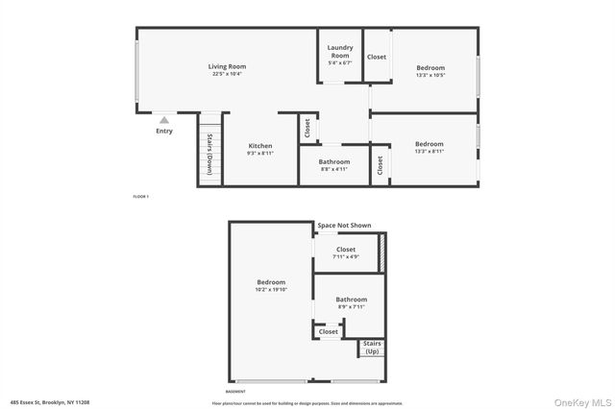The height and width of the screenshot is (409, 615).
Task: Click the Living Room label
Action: tap(228, 69)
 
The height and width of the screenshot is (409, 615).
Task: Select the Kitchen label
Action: tap(260, 149)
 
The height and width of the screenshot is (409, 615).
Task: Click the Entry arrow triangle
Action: tap(164, 120)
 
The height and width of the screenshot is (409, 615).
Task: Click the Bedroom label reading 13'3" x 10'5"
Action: tap(430, 71)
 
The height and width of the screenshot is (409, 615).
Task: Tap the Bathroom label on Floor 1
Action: tap(334, 165)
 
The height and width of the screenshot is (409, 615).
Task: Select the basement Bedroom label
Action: tap(271, 285)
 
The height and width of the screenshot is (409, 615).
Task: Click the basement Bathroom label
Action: tap(351, 303)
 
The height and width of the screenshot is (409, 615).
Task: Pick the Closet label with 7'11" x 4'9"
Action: tap(346, 253)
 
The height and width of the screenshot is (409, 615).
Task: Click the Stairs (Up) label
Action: tap(372, 348)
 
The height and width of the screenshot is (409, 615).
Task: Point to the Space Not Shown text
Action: tap(344, 225)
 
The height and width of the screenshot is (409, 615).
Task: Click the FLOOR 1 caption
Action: tap(141, 197)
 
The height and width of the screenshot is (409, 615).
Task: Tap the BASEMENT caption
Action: tap(235, 392)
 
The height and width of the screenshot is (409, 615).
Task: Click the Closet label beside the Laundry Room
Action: tap(377, 57)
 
